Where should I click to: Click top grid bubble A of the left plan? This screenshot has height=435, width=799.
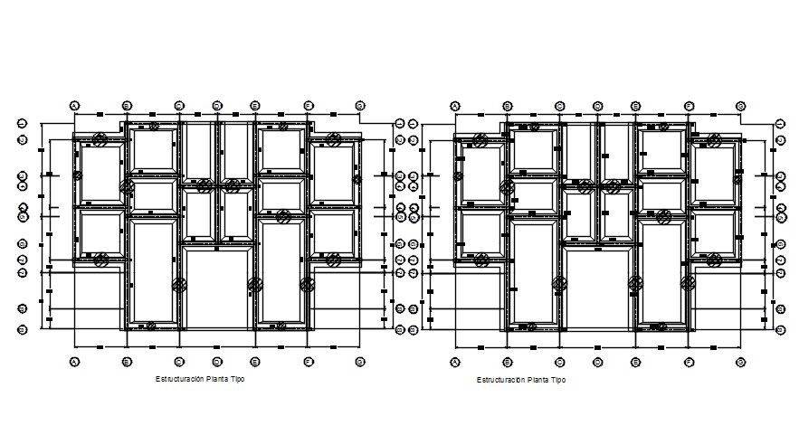[75, 106]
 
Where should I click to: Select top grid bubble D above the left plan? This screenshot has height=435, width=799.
[217, 106]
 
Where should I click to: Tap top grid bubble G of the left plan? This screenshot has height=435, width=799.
[360, 106]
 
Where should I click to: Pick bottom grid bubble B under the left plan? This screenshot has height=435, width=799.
[127, 361]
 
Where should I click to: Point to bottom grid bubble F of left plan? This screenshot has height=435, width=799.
[308, 361]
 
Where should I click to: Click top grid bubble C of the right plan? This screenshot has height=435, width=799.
[560, 106]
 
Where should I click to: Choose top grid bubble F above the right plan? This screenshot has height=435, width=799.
[689, 106]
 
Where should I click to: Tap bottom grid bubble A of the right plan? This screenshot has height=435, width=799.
[455, 361]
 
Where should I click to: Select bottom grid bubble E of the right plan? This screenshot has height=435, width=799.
[636, 361]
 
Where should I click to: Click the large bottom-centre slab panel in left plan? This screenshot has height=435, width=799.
[218, 288]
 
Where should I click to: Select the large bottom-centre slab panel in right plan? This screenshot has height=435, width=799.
[598, 288]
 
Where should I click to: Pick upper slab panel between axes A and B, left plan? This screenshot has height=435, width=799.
[100, 174]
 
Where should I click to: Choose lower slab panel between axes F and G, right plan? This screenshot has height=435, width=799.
[714, 234]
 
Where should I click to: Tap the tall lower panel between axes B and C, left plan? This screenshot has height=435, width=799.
[153, 270]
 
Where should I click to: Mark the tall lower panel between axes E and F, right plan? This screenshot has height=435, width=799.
[661, 271]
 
